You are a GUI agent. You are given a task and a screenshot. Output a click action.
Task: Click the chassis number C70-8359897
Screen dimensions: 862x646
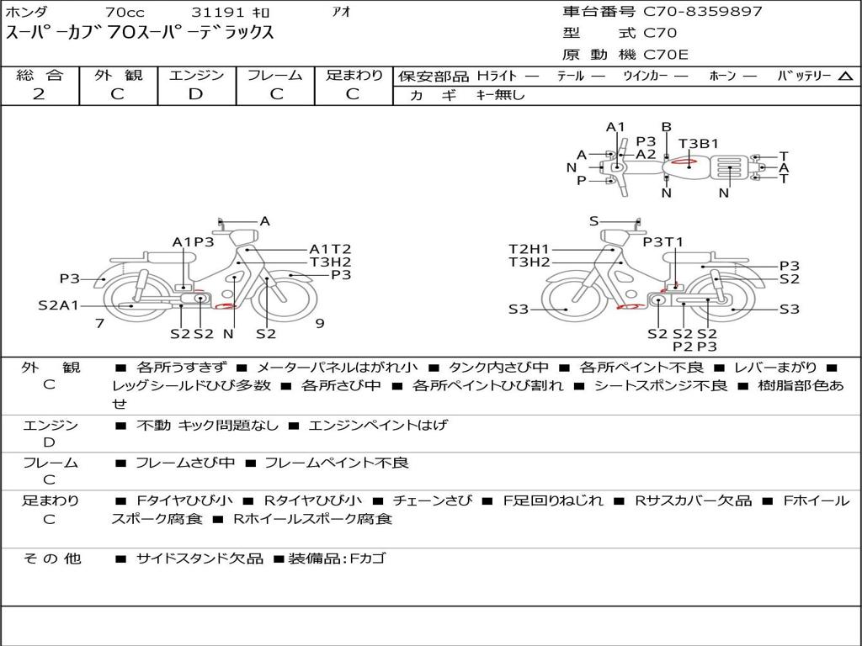(x=703, y=12)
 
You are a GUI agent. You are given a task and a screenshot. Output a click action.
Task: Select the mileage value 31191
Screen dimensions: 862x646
(x=217, y=12)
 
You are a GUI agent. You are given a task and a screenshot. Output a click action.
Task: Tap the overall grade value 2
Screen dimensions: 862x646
(x=39, y=94)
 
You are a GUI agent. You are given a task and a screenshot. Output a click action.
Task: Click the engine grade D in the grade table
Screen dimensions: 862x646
(x=195, y=94)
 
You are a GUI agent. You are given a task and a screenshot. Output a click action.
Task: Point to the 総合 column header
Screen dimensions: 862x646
(x=40, y=75)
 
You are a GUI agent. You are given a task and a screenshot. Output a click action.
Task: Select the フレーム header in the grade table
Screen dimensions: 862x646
(x=275, y=75)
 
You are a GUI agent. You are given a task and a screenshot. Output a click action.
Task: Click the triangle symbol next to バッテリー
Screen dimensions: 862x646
(x=845, y=76)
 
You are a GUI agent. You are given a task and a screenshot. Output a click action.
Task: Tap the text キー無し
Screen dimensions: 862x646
(x=500, y=94)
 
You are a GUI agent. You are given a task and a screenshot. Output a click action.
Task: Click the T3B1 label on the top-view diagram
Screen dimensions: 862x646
(x=698, y=143)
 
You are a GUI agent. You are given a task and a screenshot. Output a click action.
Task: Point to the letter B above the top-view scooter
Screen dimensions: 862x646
(x=667, y=127)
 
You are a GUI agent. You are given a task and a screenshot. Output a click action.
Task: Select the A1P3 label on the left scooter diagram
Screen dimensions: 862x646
(x=193, y=241)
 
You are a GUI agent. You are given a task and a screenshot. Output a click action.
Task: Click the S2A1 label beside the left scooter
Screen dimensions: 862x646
(x=58, y=305)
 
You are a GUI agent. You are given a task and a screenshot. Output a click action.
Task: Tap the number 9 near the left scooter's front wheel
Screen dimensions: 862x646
(x=320, y=323)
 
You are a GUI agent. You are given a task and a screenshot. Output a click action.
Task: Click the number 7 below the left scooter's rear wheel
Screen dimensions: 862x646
(x=99, y=323)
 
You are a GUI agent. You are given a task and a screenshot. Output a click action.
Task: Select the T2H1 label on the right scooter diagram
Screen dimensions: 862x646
(x=529, y=249)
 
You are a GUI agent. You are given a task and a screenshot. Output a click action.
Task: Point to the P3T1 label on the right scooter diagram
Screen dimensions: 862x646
(x=663, y=241)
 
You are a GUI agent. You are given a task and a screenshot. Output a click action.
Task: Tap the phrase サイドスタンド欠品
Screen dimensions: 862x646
(x=200, y=559)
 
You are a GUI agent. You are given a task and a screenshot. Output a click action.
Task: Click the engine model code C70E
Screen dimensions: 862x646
(x=666, y=55)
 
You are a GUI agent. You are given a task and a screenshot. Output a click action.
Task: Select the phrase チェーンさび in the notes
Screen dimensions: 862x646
(x=432, y=500)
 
